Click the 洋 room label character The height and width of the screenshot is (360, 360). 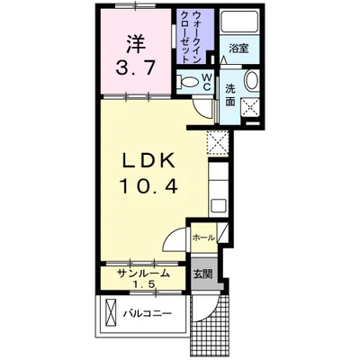point(136,44)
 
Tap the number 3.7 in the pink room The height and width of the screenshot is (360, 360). point(136,67)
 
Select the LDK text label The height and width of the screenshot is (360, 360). point(148,161)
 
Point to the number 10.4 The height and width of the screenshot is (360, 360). point(149,185)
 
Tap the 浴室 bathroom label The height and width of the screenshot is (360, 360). point(238,49)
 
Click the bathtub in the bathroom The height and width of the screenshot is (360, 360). point(239,22)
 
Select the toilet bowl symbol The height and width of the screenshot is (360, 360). point(189,82)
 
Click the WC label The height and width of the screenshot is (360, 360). point(207,82)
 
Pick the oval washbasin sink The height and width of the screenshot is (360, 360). point(251,80)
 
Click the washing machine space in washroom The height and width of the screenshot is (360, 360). point(250,106)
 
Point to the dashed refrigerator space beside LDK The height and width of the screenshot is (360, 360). point(218,143)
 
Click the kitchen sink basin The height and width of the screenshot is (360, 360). point(218,206)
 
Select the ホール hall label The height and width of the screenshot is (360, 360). point(203,238)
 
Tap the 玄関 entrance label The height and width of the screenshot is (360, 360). point(202,274)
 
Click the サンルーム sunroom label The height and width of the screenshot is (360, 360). point(143,274)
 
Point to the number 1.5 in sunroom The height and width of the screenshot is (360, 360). point(143,283)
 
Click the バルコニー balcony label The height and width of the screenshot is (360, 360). point(148,314)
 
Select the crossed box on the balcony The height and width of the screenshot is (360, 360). point(111,314)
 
